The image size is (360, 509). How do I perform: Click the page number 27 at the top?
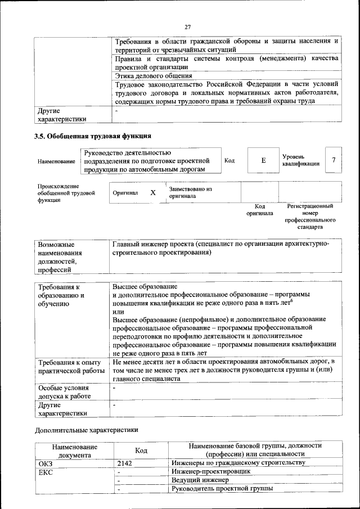tap(187, 26)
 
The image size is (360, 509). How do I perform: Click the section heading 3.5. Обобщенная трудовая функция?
tap(93, 136)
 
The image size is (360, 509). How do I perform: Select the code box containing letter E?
tap(263, 160)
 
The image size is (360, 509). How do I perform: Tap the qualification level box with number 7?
tap(334, 160)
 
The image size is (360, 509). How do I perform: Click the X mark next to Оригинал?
tap(152, 193)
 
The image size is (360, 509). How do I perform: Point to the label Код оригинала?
tap(259, 210)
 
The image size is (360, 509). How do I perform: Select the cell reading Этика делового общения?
tap(154, 75)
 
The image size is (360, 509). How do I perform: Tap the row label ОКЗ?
tap(45, 462)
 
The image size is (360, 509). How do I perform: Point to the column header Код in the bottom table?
tap(141, 450)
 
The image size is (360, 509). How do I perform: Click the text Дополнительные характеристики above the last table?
tap(86, 430)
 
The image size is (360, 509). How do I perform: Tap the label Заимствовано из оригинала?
tap(190, 193)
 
